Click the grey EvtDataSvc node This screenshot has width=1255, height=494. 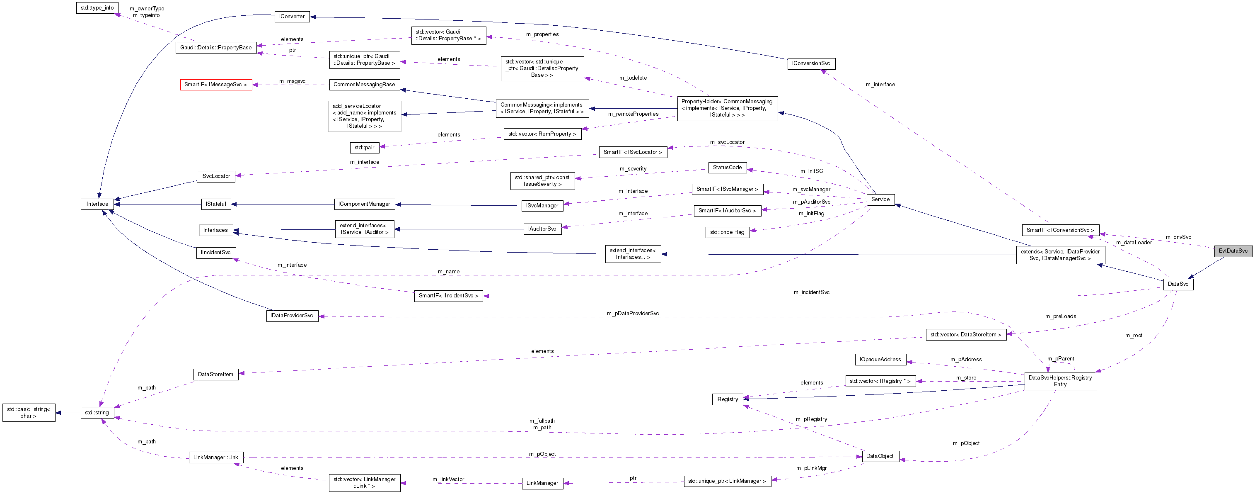click(x=1233, y=251)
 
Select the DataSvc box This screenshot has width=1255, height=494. click(x=1178, y=284)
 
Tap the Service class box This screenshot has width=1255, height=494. click(x=880, y=199)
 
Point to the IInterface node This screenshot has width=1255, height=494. click(x=97, y=204)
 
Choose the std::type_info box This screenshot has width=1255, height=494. click(x=97, y=8)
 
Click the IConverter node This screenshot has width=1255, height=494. click(x=291, y=17)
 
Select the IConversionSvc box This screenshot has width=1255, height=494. click(x=811, y=63)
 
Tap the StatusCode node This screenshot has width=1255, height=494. click(x=727, y=167)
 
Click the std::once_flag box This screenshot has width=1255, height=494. click(x=727, y=232)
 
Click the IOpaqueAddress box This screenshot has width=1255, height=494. click(x=880, y=360)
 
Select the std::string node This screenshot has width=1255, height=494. click(x=97, y=413)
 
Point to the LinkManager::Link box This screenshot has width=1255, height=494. click(x=215, y=457)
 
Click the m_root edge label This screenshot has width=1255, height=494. click(x=1133, y=336)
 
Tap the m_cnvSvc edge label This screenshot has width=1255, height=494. click(x=1178, y=237)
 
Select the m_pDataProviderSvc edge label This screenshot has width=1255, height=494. click(x=632, y=314)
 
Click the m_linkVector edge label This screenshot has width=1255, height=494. click(x=448, y=479)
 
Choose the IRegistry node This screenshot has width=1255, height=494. click(x=727, y=399)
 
